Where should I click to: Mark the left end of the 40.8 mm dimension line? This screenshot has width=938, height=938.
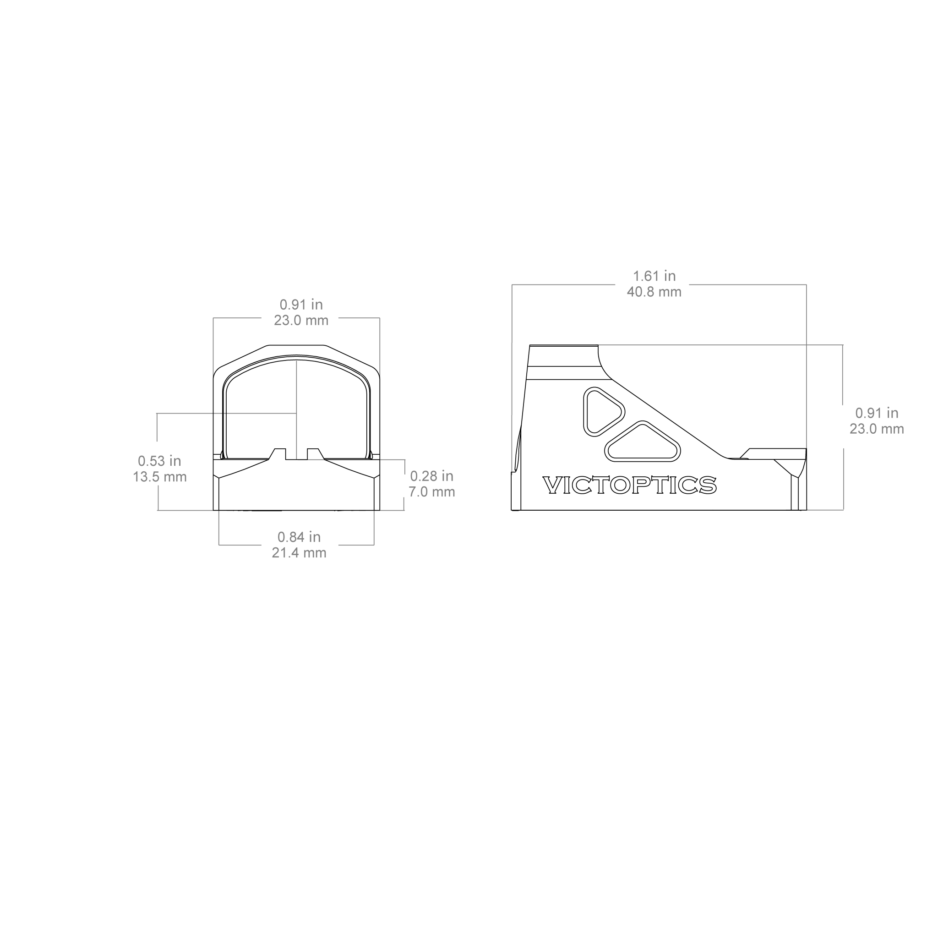pyautogui.click(x=512, y=284)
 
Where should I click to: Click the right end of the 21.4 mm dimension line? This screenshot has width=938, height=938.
pyautogui.click(x=374, y=545)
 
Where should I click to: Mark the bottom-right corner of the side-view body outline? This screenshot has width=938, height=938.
pyautogui.click(x=807, y=510)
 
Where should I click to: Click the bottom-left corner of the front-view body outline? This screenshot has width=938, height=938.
pyautogui.click(x=213, y=510)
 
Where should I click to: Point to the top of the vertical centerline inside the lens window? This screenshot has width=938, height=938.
pyautogui.click(x=297, y=360)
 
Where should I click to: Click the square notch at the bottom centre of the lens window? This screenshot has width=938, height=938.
pyautogui.click(x=297, y=454)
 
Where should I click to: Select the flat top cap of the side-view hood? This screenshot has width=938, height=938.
pyautogui.click(x=564, y=355)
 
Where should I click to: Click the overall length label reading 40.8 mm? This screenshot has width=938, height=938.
pyautogui.click(x=654, y=292)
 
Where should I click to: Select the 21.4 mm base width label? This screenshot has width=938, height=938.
pyautogui.click(x=299, y=552)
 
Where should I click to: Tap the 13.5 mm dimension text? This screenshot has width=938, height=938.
pyautogui.click(x=160, y=476)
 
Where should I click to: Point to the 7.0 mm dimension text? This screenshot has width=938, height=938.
pyautogui.click(x=431, y=492)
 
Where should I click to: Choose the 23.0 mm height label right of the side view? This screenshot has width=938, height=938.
pyautogui.click(x=877, y=429)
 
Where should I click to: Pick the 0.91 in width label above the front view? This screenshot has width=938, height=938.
pyautogui.click(x=301, y=305)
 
